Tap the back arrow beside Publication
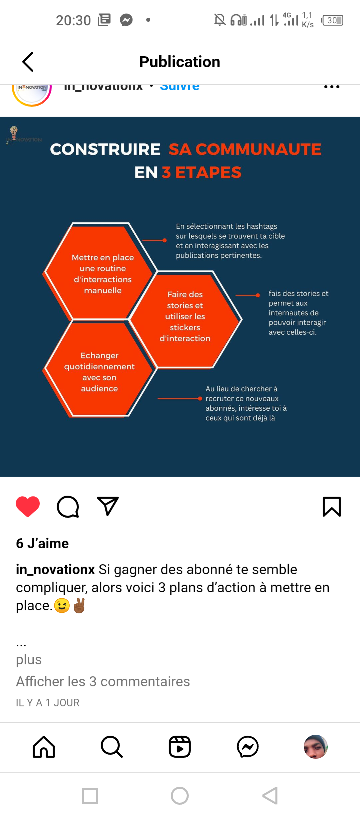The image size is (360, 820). point(28,62)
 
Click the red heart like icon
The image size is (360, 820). point(28,506)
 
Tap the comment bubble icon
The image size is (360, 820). point(68,506)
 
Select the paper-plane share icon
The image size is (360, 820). point(108,506)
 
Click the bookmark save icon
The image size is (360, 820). point(332,506)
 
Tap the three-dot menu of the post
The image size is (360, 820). point(332,87)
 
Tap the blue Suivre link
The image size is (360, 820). point(180,87)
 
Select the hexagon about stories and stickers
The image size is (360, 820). point(185,317)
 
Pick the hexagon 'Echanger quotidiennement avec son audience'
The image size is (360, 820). point(99,372)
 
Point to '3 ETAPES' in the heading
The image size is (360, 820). point(202,173)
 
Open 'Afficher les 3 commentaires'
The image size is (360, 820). point(103,681)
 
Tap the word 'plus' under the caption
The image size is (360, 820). point(29,659)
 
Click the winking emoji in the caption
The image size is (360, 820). point(62,606)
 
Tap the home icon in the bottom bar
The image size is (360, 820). point(44,747)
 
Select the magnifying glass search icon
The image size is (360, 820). point(111,747)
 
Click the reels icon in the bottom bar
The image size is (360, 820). point(180,747)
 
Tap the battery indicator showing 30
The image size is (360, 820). point(333,20)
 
